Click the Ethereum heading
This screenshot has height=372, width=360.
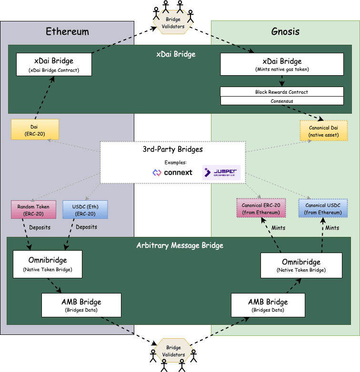click(67, 32)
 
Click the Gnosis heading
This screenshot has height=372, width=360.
click(285, 32)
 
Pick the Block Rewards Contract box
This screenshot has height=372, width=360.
click(282, 92)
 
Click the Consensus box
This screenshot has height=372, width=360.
click(282, 101)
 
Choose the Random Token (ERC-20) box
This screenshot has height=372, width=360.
click(33, 209)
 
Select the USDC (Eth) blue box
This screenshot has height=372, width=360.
click(85, 209)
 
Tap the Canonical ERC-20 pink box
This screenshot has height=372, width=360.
click(260, 208)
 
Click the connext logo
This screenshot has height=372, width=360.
click(172, 172)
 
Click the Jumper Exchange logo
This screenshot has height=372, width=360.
click(221, 172)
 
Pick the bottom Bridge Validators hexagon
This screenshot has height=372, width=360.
click(173, 351)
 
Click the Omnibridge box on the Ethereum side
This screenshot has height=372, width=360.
click(48, 264)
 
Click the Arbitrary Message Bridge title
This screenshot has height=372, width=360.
click(180, 245)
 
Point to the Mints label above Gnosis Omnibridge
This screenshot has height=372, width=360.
click(278, 228)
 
